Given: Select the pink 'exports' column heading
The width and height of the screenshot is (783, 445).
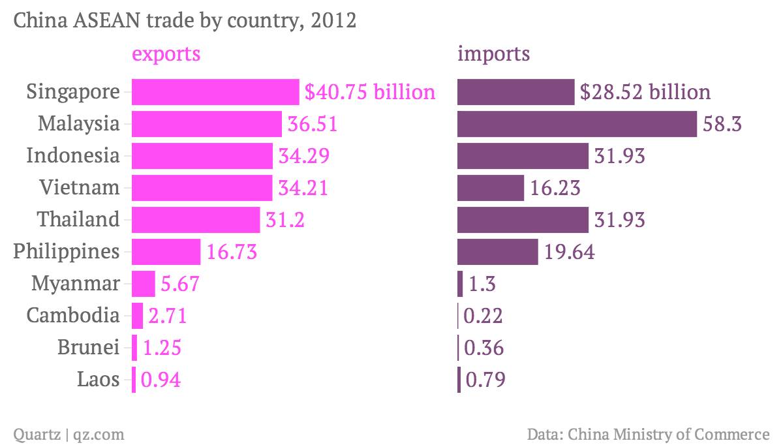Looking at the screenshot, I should click(x=166, y=54).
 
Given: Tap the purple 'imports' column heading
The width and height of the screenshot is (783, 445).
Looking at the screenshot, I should click(x=493, y=54).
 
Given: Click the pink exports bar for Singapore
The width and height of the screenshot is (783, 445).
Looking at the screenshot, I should click(x=215, y=92).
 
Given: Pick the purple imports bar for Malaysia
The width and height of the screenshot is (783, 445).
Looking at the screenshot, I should click(x=577, y=124).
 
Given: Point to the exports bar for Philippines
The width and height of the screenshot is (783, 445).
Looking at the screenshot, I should click(x=166, y=252).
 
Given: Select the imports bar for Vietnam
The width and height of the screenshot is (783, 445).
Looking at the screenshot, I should click(x=491, y=188).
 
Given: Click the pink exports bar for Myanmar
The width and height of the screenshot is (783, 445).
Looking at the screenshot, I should click(x=144, y=284).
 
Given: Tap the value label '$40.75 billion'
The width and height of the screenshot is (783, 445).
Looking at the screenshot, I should click(x=370, y=92).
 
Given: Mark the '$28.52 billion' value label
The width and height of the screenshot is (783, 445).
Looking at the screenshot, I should click(x=645, y=92).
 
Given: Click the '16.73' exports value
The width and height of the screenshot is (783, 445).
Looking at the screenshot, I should click(x=232, y=252).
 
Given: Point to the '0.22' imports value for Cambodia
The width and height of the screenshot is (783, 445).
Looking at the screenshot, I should click(x=483, y=316).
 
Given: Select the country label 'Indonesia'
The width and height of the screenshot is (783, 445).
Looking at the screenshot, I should click(x=73, y=156).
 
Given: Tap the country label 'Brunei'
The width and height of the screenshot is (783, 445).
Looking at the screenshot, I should click(x=89, y=348).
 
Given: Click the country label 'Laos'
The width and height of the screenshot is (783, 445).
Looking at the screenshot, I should click(x=99, y=380).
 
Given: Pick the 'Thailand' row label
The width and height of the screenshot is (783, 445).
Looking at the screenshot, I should click(x=79, y=220).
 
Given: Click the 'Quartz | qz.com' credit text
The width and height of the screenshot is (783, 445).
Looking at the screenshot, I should click(x=69, y=434).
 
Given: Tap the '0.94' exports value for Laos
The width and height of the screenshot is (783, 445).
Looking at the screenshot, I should click(x=161, y=380).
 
